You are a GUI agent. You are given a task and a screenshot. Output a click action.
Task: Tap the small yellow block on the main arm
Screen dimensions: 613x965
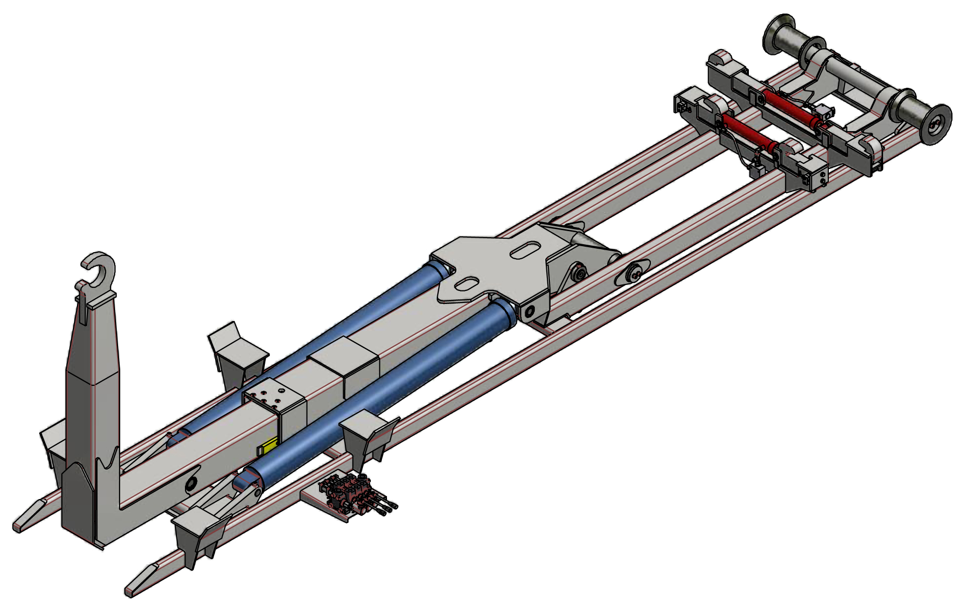[x=268, y=446]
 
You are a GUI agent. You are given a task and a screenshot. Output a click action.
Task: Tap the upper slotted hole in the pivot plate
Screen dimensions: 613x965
[x=526, y=250]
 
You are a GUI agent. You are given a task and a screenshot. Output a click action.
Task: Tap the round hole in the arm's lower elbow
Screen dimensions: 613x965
[x=191, y=484]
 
